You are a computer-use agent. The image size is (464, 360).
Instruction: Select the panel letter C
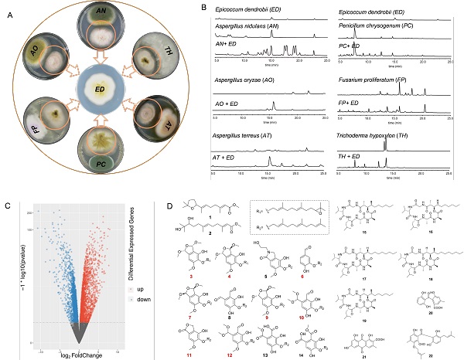[8, 206]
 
